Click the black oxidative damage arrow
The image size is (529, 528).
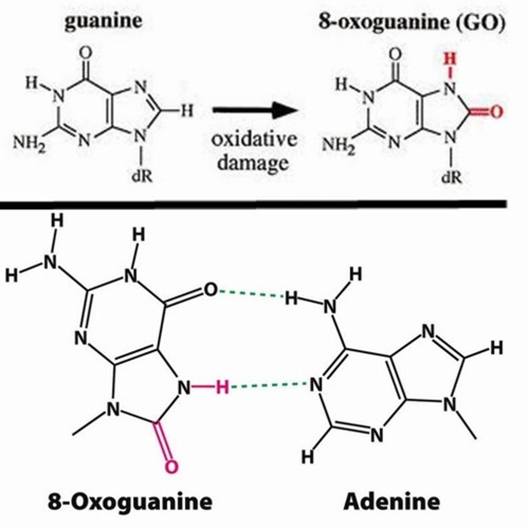253,111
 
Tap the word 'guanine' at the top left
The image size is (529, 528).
103,21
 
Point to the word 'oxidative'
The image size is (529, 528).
254,139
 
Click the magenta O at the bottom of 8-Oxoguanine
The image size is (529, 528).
172,466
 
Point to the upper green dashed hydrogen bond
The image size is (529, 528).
251,294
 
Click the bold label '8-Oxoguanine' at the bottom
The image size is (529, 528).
129,501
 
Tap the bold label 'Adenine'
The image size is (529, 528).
392,501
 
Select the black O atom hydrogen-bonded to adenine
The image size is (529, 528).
211,290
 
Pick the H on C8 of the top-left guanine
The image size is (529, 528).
187,111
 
